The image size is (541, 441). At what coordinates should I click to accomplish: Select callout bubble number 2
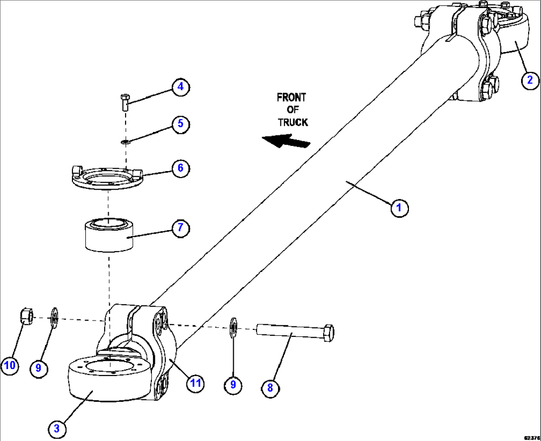(x=530, y=79)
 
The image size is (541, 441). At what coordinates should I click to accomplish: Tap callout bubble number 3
(x=57, y=427)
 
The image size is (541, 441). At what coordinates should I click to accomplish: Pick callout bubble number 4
(x=181, y=87)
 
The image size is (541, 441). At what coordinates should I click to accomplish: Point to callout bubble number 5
(x=181, y=123)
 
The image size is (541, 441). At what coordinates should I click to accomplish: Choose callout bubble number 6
(x=181, y=168)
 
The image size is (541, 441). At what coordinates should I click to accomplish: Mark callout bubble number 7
(x=181, y=228)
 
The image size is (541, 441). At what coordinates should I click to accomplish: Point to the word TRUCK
(x=292, y=122)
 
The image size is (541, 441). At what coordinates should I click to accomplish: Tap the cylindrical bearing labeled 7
(x=108, y=236)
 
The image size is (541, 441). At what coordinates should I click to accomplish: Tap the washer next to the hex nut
(x=54, y=317)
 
